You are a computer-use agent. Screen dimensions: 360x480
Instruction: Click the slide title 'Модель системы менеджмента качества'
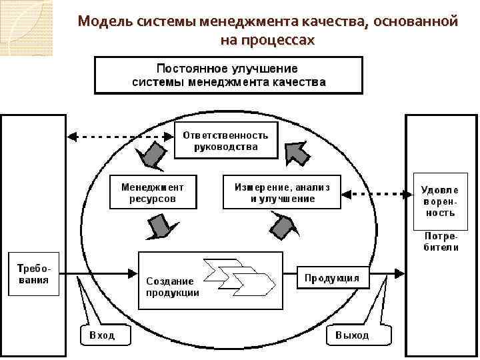pyautogui.click(x=267, y=21)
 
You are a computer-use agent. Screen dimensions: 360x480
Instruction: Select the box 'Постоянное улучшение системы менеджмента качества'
pyautogui.click(x=229, y=75)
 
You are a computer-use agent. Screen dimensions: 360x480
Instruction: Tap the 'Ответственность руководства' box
pyautogui.click(x=225, y=140)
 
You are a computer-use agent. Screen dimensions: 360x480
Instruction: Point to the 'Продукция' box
pyautogui.click(x=332, y=277)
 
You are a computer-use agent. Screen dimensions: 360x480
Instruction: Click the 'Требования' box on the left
pyautogui.click(x=33, y=274)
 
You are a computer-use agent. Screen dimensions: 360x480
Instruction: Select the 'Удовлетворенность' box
pyautogui.click(x=438, y=198)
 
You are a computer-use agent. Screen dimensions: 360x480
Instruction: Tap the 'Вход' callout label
pyautogui.click(x=101, y=335)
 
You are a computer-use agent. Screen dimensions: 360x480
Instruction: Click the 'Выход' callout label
pyautogui.click(x=353, y=335)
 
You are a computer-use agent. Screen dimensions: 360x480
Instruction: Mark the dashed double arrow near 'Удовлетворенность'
pyautogui.click(x=377, y=194)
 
